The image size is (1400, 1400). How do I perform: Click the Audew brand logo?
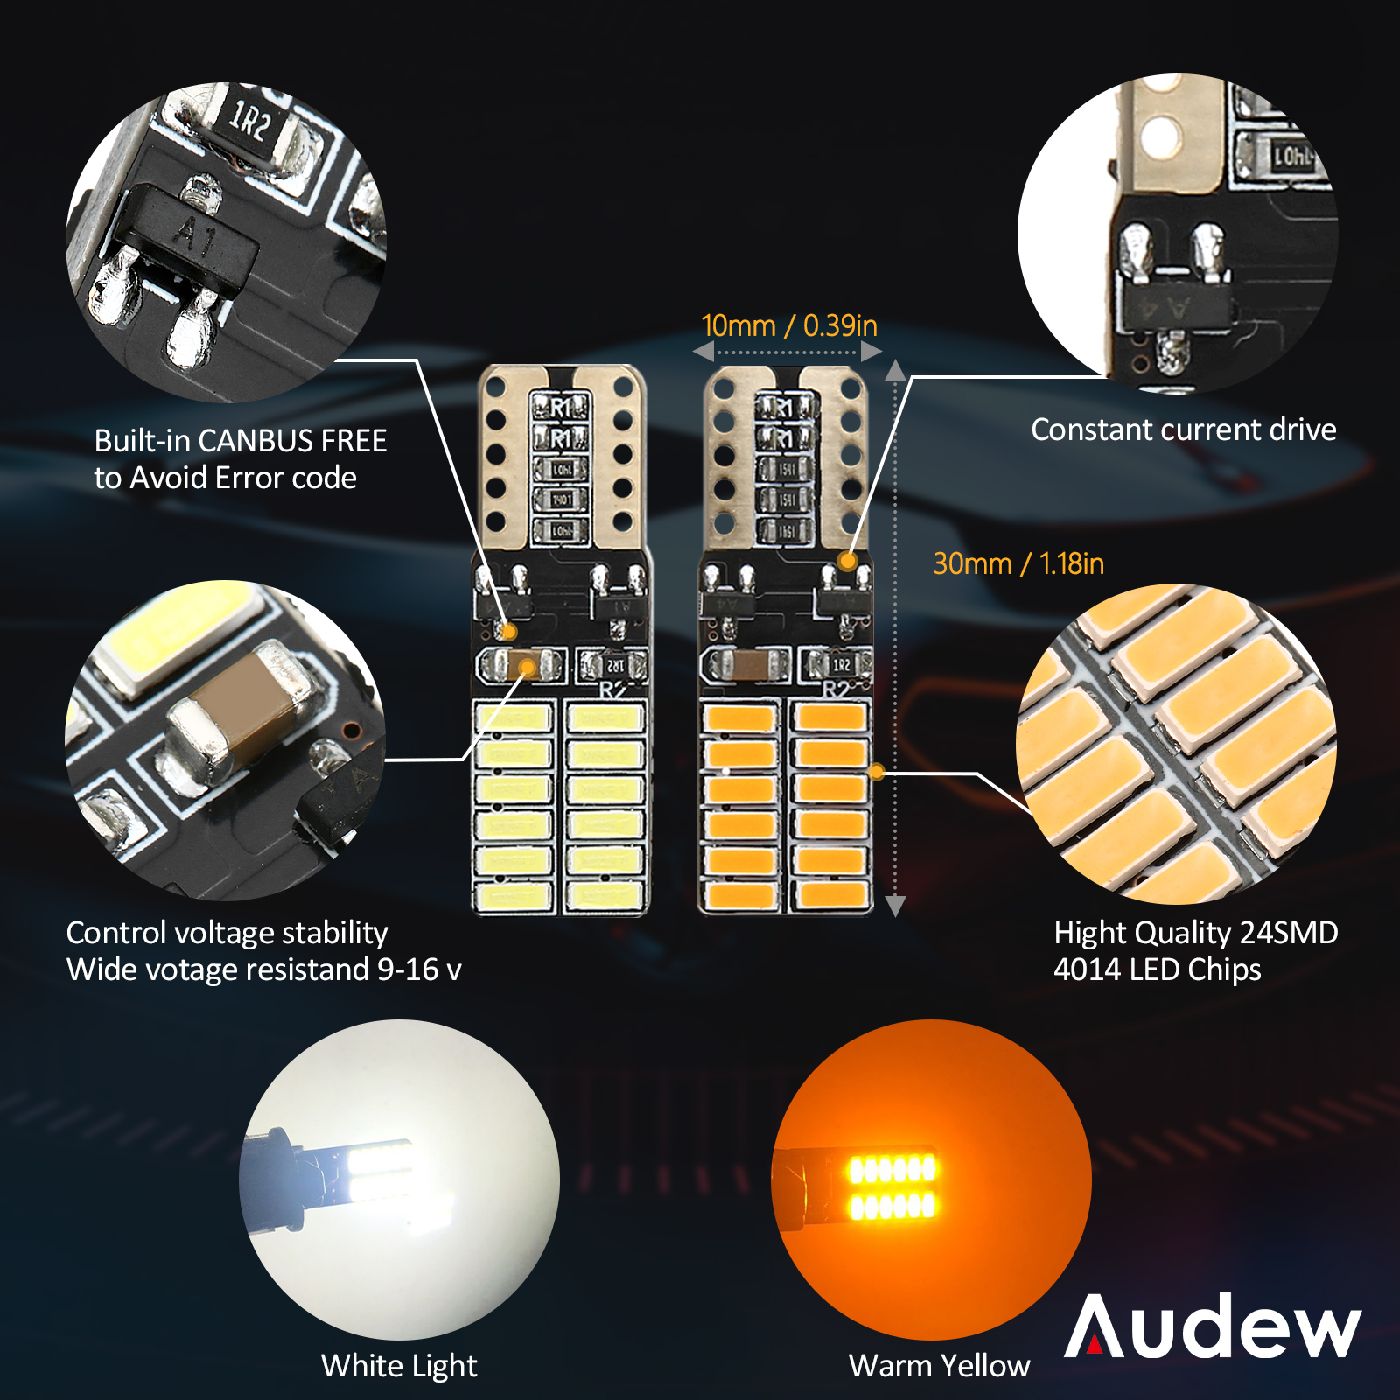[1213, 1326]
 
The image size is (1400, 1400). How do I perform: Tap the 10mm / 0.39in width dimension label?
[789, 325]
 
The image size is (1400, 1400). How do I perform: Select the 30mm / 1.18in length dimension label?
[1018, 563]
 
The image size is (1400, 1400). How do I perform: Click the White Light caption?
[399, 1366]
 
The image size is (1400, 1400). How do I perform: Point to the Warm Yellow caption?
[939, 1366]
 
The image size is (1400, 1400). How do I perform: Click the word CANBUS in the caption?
[257, 441]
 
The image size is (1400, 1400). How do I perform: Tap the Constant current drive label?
[1184, 430]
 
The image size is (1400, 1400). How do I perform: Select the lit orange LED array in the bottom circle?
[892, 1186]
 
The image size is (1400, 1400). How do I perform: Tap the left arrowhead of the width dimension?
[703, 352]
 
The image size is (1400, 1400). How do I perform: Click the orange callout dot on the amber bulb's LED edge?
[878, 772]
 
